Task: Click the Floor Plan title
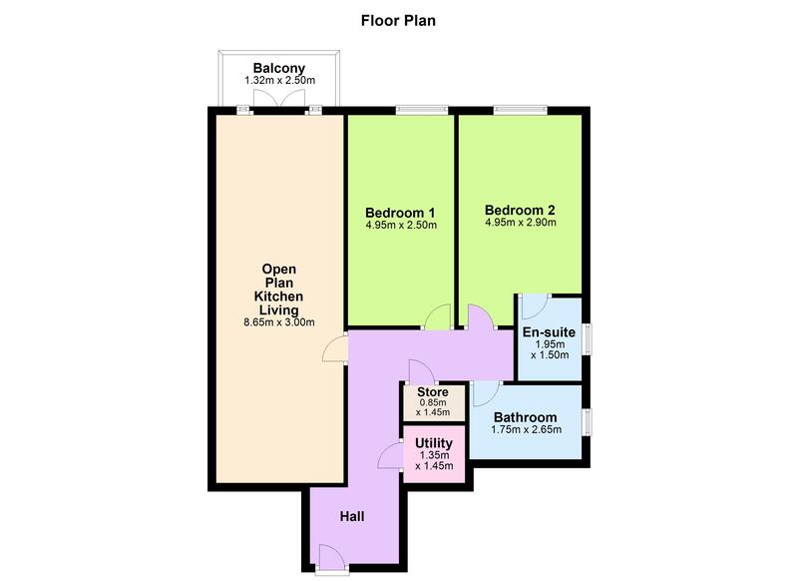[x=398, y=21]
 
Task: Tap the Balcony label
[x=279, y=68]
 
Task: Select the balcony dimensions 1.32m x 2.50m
[x=279, y=81]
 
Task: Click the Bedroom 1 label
[x=400, y=213]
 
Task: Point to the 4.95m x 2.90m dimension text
[x=520, y=223]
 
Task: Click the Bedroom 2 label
[x=520, y=210]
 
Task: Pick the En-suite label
[x=549, y=332]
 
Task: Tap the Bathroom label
[x=526, y=417]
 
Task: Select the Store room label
[x=433, y=392]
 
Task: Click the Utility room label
[x=434, y=443]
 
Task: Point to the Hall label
[x=352, y=517]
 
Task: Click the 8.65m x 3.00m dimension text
[x=279, y=322]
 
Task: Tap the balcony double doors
[x=279, y=99]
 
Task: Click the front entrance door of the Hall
[x=332, y=557]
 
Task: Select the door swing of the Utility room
[x=390, y=456]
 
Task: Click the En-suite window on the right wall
[x=588, y=338]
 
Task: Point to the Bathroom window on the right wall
[x=588, y=422]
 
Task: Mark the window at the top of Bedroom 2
[x=520, y=110]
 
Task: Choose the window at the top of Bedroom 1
[x=422, y=110]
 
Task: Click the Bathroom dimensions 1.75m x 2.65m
[x=527, y=430]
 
